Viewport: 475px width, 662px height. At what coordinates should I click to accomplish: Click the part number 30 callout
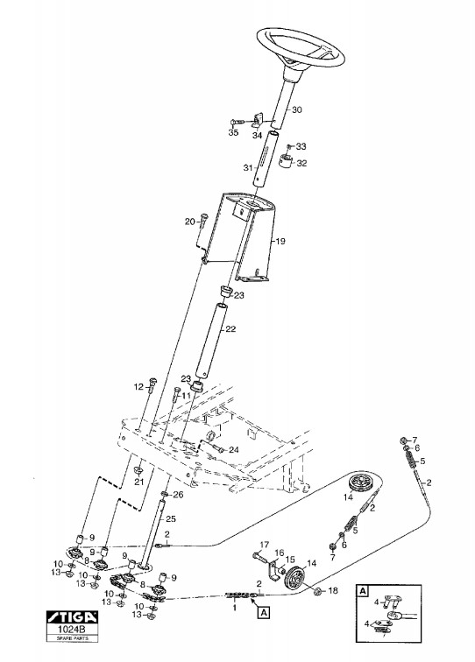point(297,109)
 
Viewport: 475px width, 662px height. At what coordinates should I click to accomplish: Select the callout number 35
point(233,132)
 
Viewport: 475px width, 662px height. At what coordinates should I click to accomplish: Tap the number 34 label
point(258,136)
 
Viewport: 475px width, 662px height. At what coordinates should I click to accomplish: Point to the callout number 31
point(248,167)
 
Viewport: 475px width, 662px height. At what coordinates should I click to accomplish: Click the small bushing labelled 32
point(287,161)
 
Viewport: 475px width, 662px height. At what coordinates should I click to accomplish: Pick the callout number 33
point(301,146)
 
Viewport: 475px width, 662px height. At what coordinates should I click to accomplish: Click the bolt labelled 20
point(203,220)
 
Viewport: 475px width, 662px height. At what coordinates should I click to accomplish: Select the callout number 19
point(280,242)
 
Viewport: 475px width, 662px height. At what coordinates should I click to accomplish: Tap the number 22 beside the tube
point(230,329)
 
